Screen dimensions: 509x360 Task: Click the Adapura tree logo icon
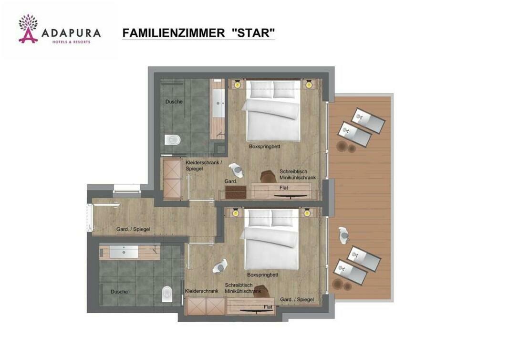(x=28, y=29)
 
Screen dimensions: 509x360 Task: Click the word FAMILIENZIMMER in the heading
(x=173, y=33)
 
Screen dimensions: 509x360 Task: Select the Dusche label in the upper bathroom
(x=174, y=102)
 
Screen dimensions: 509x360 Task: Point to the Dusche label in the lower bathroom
(x=119, y=292)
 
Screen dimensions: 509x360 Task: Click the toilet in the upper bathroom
(x=172, y=140)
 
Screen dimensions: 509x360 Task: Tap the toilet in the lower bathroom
(x=166, y=295)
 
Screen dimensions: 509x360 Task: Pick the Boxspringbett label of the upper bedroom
(x=265, y=147)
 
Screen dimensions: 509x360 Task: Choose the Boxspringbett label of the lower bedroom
(x=263, y=275)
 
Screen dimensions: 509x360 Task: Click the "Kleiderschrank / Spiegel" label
(x=204, y=165)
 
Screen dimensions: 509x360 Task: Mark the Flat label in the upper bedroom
(x=284, y=188)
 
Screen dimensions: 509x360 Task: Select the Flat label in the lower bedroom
(x=268, y=307)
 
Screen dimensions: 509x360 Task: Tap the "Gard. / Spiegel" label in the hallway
(x=134, y=229)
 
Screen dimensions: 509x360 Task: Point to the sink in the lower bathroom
(x=124, y=252)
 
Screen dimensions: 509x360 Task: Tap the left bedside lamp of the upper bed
(x=238, y=85)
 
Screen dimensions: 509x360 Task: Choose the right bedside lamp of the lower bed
(x=307, y=213)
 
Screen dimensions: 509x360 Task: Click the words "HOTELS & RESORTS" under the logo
(x=72, y=42)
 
